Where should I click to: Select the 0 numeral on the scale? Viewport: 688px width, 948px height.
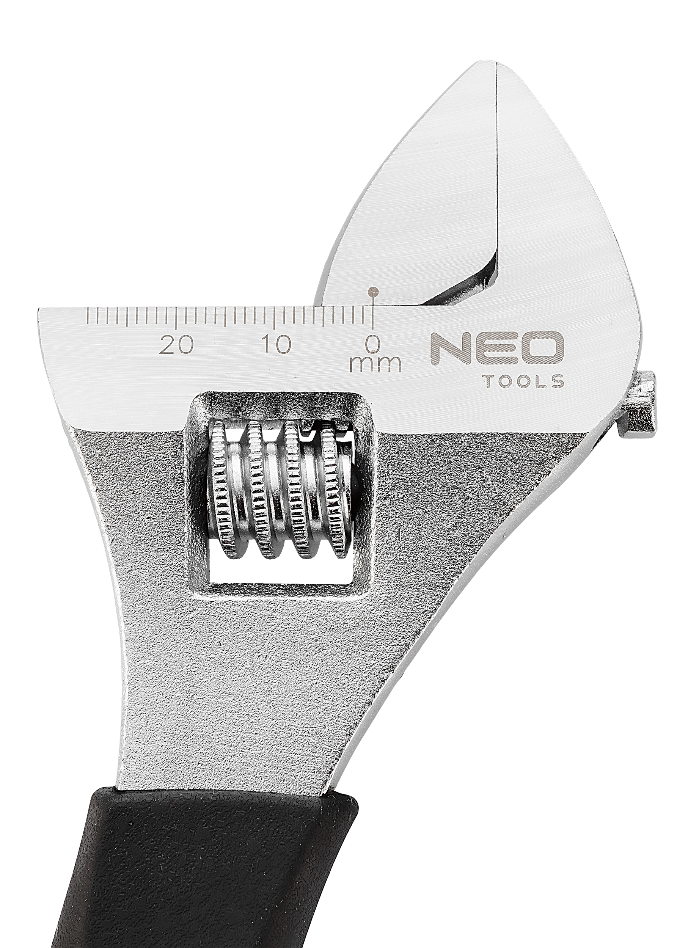point(373,344)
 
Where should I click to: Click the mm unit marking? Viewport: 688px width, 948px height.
point(375,364)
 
